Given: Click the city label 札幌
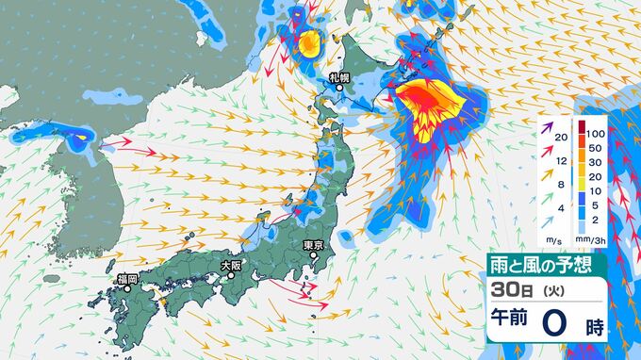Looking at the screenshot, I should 338,75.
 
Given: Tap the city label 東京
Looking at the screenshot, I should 314,246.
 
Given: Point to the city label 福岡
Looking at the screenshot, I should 127,279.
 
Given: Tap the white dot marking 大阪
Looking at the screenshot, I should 229,276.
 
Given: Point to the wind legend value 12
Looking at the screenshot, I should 562,162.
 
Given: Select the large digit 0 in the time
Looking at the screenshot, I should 556,322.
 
